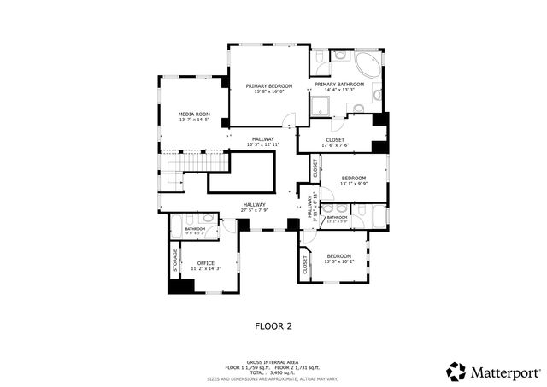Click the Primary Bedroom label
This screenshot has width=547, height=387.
[269, 86]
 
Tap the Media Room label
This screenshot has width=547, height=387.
[194, 114]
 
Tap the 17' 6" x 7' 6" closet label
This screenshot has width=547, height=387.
[335, 140]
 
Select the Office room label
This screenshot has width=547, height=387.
[205, 263]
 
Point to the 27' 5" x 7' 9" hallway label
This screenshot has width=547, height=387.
[254, 205]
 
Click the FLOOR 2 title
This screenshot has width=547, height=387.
[273, 325]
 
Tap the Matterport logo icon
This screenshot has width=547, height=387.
[456, 372]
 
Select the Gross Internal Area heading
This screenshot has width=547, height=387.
[273, 362]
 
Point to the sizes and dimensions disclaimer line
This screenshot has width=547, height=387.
[273, 378]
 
